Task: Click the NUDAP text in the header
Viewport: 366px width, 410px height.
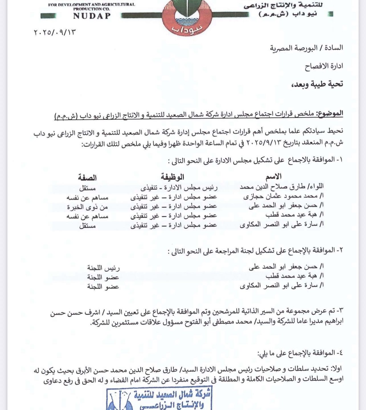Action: pos(92,16)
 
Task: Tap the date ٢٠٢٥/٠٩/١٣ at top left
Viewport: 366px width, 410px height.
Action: pos(55,32)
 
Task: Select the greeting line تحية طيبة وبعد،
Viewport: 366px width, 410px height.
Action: pos(317,84)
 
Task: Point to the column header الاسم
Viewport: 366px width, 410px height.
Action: pos(273,177)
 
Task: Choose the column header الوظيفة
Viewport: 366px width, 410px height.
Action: pos(172,177)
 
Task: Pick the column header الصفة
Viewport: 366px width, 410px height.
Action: pos(87,178)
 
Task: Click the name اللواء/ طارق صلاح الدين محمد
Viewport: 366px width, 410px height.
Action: pos(281,187)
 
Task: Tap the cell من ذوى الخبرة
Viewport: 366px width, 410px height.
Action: pos(88,207)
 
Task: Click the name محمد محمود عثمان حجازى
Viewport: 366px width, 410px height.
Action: pos(283,196)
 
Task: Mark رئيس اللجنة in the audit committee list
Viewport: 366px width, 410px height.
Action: pos(103,268)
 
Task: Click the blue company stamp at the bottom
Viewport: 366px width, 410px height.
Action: pos(160,398)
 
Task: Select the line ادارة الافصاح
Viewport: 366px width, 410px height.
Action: pos(324,66)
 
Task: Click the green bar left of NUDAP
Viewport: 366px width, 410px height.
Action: pos(48,16)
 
